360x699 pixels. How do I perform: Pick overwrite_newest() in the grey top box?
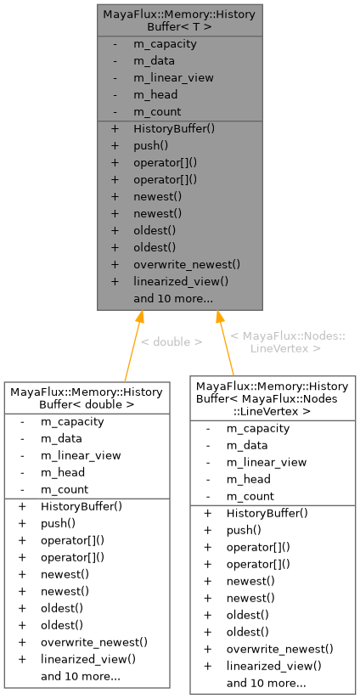pyautogui.click(x=187, y=264)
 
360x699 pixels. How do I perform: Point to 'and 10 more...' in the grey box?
pyautogui.click(x=173, y=298)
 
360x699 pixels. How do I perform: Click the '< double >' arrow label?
pyautogui.click(x=171, y=342)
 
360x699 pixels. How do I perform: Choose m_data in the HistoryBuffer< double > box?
pyautogui.click(x=61, y=438)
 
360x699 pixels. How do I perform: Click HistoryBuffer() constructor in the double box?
pyautogui.click(x=82, y=506)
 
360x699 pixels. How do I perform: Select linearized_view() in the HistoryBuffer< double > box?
pyautogui.click(x=87, y=659)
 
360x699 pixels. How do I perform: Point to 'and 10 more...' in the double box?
pyautogui.click(x=81, y=676)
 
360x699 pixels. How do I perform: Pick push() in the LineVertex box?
pyautogui.click(x=244, y=530)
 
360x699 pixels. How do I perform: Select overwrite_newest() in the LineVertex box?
pyautogui.click(x=279, y=649)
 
